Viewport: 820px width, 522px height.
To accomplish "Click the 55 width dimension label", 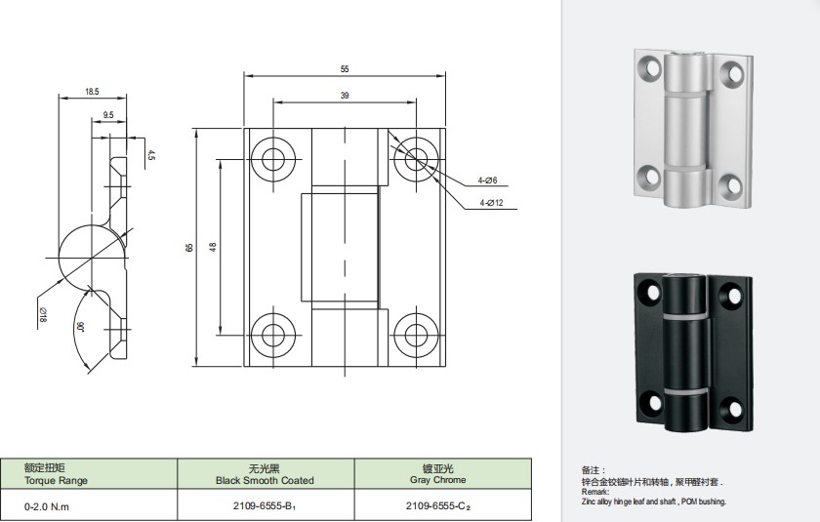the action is point(345,69).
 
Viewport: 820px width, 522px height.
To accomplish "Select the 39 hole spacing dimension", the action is point(345,96).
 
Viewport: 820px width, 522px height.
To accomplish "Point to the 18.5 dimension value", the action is point(92,92).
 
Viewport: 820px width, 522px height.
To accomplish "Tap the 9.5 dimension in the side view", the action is point(108,115).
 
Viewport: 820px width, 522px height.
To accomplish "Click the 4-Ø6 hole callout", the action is point(487,181).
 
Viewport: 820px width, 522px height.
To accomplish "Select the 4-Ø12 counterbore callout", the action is point(492,203).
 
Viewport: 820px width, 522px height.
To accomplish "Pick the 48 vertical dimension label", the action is point(213,247).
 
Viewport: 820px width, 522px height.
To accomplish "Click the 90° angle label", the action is point(80,328).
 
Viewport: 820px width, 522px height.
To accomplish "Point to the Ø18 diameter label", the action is point(42,314).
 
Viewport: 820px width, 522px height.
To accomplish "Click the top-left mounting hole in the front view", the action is point(273,159).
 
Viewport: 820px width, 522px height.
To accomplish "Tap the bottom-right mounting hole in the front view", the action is point(416,335).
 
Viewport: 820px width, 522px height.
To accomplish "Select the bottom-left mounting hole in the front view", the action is point(273,335).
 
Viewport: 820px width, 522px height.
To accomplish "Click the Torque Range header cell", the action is point(56,474).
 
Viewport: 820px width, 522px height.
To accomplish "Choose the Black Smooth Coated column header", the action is point(265,474).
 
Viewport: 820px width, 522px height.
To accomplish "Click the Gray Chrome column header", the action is point(438,474).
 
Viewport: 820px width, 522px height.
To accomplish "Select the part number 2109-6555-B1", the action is point(266,506).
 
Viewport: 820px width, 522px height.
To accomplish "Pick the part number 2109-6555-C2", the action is point(438,506).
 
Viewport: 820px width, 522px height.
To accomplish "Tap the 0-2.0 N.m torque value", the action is point(47,506).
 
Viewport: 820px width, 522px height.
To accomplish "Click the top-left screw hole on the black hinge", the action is point(652,293).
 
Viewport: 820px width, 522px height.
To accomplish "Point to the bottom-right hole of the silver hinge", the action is point(730,185).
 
